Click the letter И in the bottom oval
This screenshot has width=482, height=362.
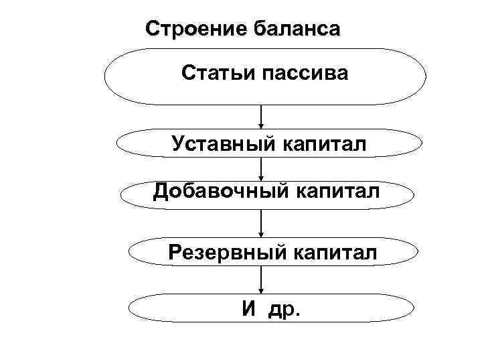click(250, 308)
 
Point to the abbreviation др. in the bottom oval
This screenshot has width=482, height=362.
click(285, 310)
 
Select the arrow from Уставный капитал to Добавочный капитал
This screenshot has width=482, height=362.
click(261, 168)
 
